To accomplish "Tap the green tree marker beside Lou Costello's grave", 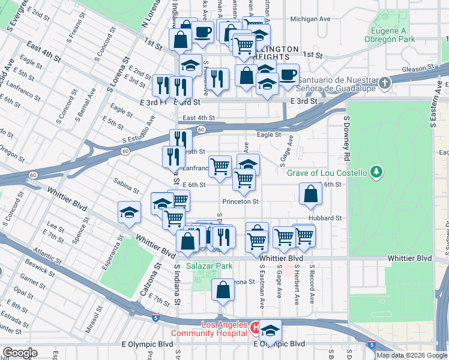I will click(376, 173).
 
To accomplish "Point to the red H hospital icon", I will click(255, 329).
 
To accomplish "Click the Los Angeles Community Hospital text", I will click(208, 329).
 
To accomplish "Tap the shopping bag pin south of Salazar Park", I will click(223, 290).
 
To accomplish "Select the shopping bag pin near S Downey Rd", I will click(310, 194).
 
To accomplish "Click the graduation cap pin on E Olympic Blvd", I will click(271, 332).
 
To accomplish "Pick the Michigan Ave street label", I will click(310, 19).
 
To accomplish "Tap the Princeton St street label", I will click(240, 202).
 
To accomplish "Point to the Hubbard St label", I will click(325, 218).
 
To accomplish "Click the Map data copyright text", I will click(411, 355).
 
